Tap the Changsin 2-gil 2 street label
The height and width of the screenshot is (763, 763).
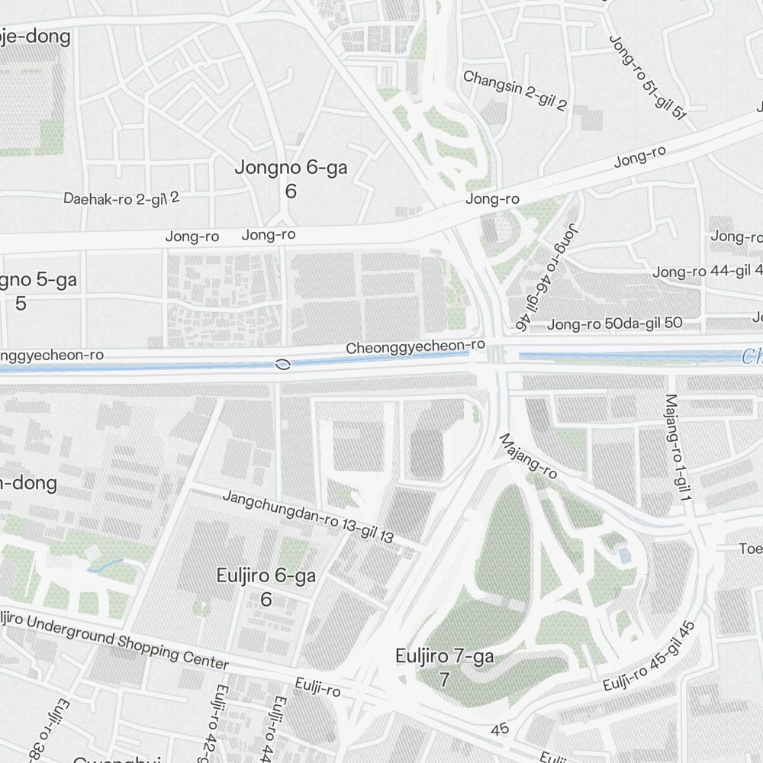[515, 91]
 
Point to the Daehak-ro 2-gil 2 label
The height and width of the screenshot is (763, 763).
[121, 198]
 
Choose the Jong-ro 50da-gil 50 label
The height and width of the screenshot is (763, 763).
[614, 324]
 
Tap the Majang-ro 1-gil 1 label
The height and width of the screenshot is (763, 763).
[678, 447]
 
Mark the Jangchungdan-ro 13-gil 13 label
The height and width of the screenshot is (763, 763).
[308, 517]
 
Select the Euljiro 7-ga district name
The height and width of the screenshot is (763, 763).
[444, 656]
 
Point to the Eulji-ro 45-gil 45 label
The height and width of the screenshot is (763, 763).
[649, 656]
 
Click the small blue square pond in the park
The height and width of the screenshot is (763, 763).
[625, 555]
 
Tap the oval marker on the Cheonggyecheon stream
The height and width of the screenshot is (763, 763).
[283, 364]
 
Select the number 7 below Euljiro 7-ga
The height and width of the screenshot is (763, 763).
[444, 679]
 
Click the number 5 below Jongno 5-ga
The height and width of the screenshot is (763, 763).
[21, 303]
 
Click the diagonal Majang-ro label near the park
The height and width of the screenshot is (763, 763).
[528, 456]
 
